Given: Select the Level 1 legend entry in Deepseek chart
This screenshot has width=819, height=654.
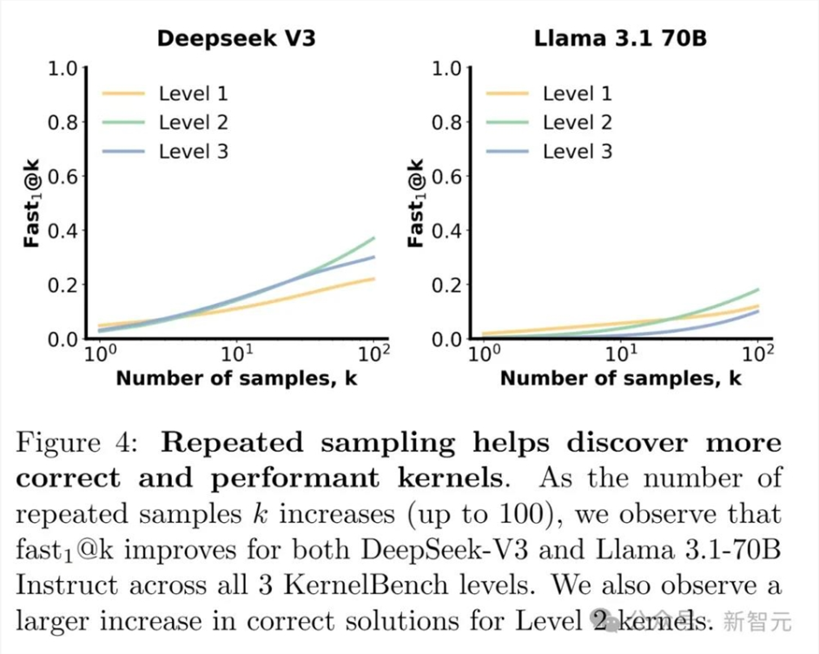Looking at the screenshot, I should [193, 94].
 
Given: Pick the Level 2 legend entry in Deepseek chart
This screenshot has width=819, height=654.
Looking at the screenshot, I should [193, 122].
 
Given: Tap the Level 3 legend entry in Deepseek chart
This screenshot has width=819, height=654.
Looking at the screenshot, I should [193, 151].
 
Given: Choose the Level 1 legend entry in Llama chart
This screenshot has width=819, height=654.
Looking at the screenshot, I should [578, 94].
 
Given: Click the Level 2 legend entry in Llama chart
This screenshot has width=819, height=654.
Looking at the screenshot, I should [578, 122].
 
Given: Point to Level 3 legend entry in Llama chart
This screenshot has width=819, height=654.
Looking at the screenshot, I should [578, 151].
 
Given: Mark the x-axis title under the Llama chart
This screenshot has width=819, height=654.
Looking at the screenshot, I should [621, 378].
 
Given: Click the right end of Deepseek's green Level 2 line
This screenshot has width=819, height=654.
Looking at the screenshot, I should [374, 238].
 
